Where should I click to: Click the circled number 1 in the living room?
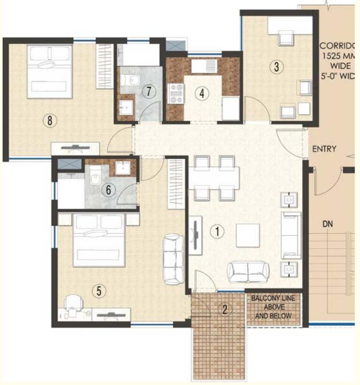pos(217,231)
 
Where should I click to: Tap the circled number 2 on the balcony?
pos(225,309)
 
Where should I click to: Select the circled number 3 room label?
pos(276,67)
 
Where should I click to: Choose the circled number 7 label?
pos(149,92)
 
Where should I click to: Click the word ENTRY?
pos(324,149)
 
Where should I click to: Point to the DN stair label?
pos(328,225)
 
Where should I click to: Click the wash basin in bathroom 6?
pos(122,168)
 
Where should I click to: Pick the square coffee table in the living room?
pos(248,235)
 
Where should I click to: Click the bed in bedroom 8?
pos(49,71)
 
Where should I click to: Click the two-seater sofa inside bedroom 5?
pos(173,259)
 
